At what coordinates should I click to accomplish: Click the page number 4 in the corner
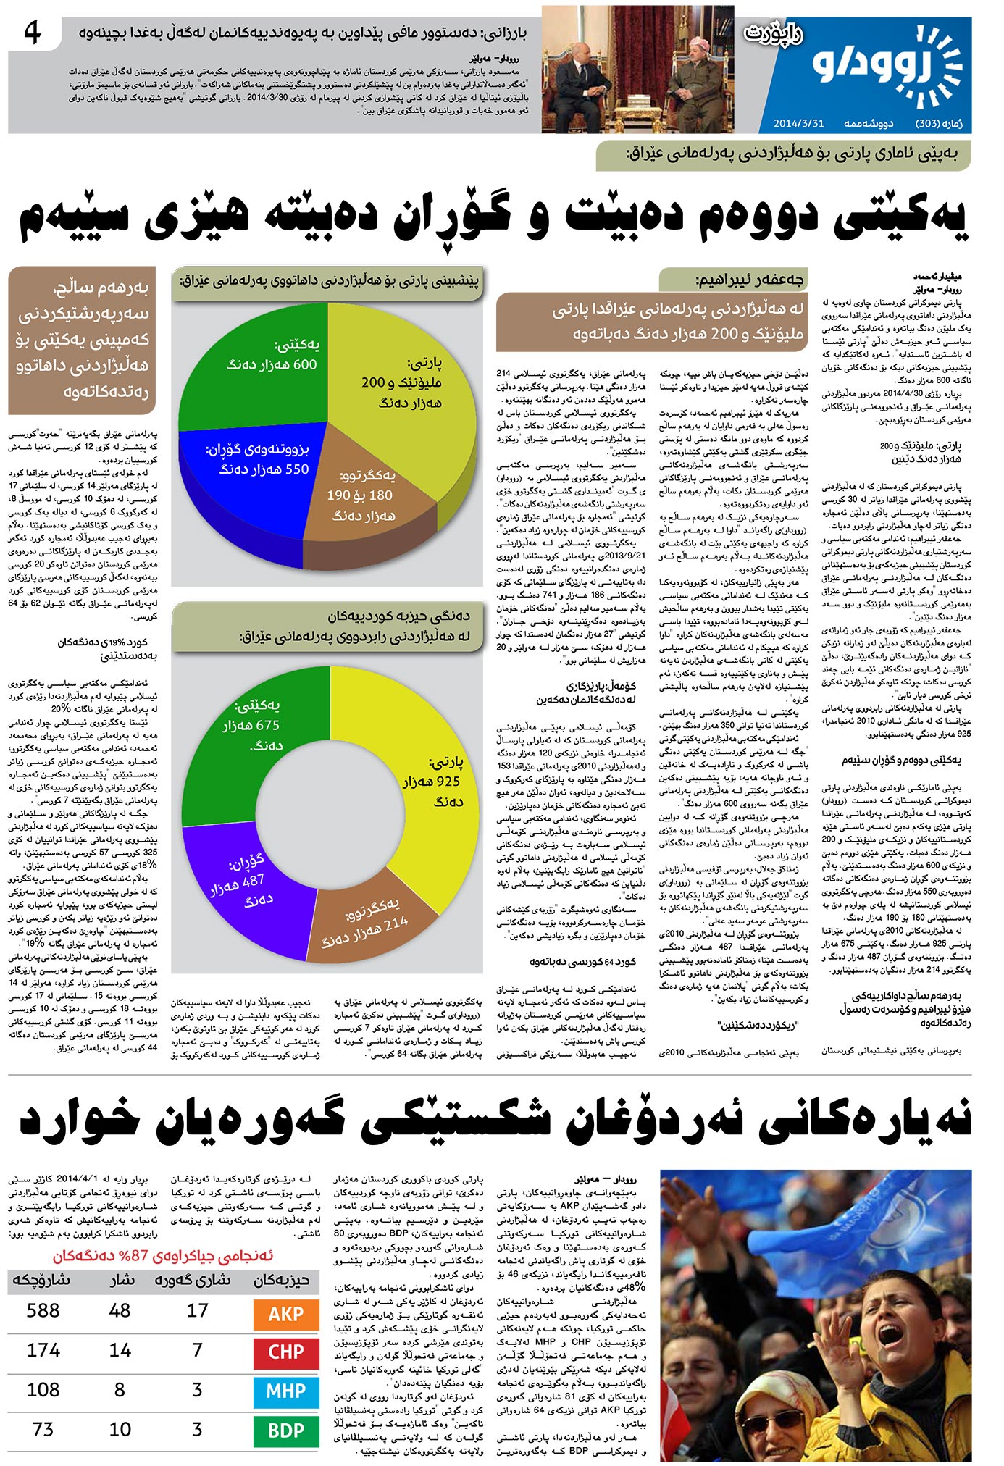point(33,33)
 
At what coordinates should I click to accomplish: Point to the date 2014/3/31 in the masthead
point(799,123)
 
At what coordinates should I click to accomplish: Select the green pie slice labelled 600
point(261,362)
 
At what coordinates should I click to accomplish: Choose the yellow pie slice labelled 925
point(435,782)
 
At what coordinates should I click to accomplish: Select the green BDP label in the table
point(286,1431)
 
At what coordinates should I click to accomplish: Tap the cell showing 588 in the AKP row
point(43,1311)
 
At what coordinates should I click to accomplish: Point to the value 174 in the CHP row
point(43,1350)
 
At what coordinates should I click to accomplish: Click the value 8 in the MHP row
point(120,1390)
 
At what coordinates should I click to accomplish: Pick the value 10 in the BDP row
point(120,1430)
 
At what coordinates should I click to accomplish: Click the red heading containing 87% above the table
point(163,1256)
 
